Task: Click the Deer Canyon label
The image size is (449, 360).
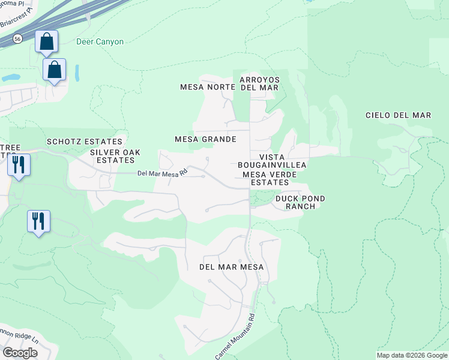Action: click(100, 42)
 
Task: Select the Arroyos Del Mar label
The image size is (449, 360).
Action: click(259, 83)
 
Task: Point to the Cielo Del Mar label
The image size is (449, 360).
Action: click(399, 115)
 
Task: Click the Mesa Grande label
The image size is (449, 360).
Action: click(205, 139)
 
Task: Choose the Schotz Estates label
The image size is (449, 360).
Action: click(85, 142)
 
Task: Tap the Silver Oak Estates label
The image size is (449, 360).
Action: click(115, 156)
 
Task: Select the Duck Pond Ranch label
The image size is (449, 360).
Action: click(300, 202)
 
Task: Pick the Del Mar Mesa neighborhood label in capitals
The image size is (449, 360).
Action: click(232, 266)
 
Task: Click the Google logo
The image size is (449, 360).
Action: click(20, 352)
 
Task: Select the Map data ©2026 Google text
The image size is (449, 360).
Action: click(412, 355)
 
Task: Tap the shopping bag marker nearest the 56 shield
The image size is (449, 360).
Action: click(46, 42)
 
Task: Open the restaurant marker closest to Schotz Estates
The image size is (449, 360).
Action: click(19, 163)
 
